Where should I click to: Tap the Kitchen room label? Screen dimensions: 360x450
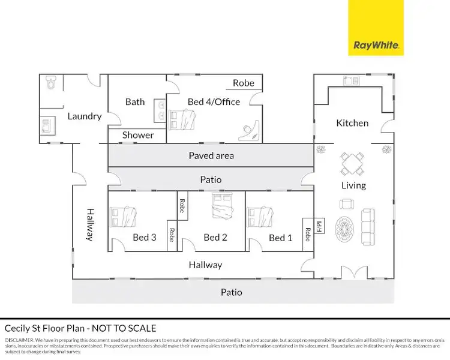tap(352, 123)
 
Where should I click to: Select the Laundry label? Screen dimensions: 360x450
tap(84, 116)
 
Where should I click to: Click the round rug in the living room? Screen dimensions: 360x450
tap(346, 227)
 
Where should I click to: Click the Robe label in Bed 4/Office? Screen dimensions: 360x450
tap(244, 83)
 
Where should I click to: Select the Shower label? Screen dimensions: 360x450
tap(138, 136)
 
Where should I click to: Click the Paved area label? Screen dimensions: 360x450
tap(211, 156)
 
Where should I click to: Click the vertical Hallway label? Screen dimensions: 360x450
tap(90, 224)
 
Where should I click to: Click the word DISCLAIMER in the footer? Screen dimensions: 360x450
tap(19, 340)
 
